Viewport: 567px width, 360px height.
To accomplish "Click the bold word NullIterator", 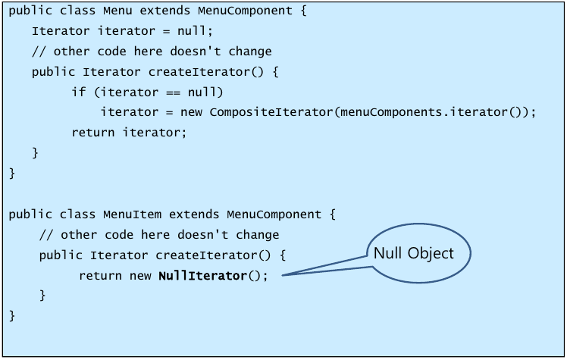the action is click(202, 275).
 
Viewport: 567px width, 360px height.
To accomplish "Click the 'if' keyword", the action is click(78, 92).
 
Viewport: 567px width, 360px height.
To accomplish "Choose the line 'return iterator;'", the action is click(129, 132).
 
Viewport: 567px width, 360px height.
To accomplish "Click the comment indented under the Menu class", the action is click(152, 52).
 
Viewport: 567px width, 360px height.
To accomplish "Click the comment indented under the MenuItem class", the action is click(159, 234).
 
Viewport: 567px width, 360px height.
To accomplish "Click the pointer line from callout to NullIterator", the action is click(325, 267).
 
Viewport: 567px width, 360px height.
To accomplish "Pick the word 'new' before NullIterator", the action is click(141, 275).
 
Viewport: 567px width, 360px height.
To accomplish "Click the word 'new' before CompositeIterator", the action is click(193, 111).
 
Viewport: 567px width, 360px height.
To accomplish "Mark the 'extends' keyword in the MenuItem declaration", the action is click(194, 214).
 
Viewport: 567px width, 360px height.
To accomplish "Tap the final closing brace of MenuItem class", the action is click(12, 314).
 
